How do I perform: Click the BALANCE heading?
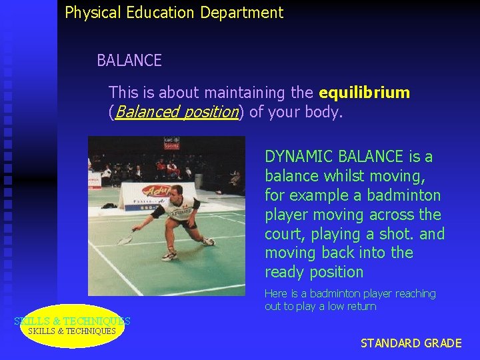tap(129, 61)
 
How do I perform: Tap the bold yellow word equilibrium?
tap(364, 92)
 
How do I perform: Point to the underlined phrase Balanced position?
tap(177, 112)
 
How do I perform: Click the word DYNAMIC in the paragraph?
tap(299, 157)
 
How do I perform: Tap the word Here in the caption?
tap(276, 293)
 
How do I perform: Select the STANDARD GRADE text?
tap(411, 343)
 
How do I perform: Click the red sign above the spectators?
tap(171, 143)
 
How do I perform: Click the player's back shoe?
tap(209, 241)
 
